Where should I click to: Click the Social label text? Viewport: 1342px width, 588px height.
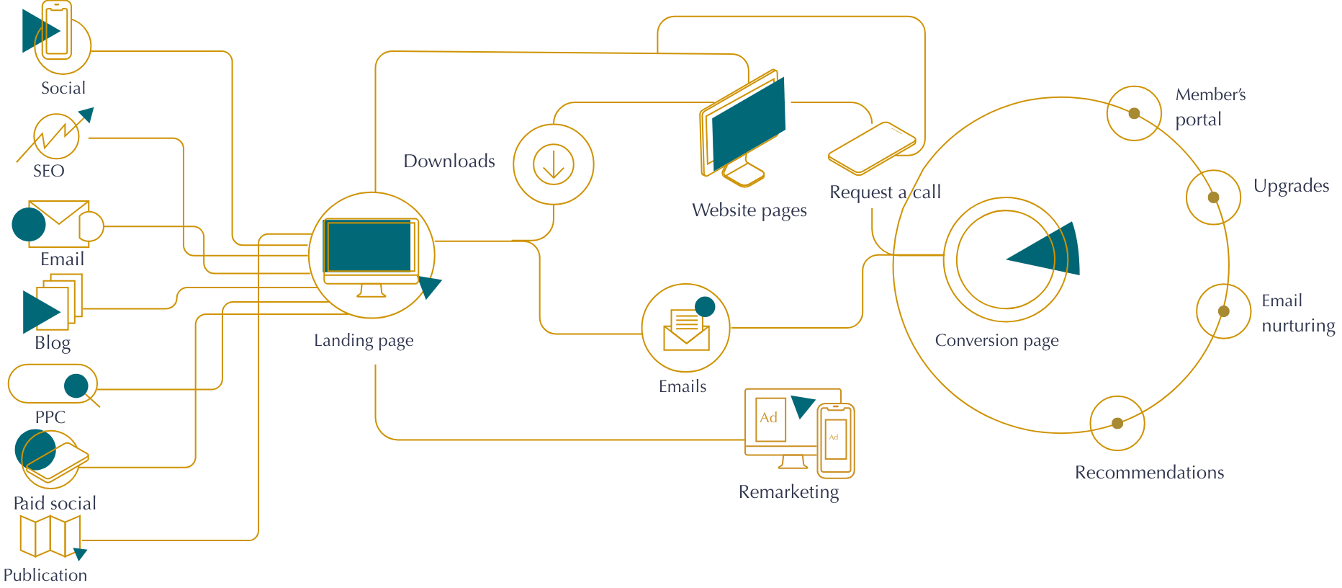tap(63, 89)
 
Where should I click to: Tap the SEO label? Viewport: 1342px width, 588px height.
tap(48, 171)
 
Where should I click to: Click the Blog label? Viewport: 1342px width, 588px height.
tap(53, 343)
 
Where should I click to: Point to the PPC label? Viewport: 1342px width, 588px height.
tap(50, 417)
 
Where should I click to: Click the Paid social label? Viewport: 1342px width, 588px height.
tap(55, 503)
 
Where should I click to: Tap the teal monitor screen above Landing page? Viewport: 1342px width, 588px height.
tap(370, 246)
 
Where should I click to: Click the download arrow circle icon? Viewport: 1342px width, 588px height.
tap(554, 164)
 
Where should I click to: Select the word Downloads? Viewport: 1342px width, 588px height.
tap(449, 161)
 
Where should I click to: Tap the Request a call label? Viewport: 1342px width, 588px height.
tap(885, 192)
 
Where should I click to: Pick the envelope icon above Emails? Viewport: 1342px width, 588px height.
tap(686, 330)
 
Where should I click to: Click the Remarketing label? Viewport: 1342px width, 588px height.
tap(788, 492)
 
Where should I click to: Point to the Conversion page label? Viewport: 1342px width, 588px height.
tap(996, 341)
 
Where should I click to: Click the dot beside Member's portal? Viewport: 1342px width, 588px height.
tap(1134, 114)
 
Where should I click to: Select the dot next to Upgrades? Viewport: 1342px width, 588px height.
tap(1213, 197)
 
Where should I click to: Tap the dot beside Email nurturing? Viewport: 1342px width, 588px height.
tap(1223, 311)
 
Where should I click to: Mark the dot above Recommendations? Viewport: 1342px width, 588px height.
tap(1117, 423)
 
